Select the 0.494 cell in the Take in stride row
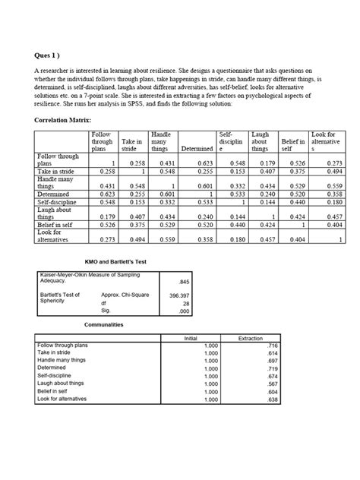click(x=336, y=172)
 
